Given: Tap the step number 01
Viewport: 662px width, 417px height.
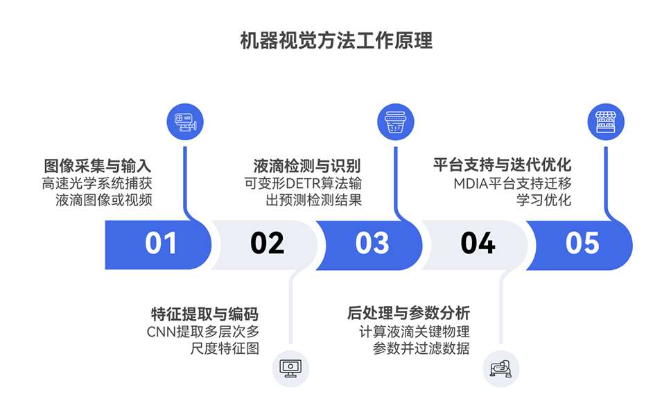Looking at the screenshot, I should tap(161, 244).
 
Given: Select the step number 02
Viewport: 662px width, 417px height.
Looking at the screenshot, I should tap(267, 244).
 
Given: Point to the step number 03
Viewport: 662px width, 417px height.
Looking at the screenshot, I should tap(372, 244).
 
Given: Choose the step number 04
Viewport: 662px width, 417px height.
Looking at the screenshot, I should tap(478, 244).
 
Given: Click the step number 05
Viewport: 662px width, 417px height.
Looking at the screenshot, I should tap(582, 244).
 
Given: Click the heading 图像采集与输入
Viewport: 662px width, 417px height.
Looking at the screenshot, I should tap(97, 167).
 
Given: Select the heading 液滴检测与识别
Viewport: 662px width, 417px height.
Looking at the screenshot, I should tap(307, 167).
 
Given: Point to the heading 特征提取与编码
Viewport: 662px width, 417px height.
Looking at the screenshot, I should tap(205, 314).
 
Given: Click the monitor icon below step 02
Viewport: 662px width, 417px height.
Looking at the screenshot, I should tap(290, 368).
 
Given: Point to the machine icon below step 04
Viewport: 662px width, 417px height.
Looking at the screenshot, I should tap(500, 368).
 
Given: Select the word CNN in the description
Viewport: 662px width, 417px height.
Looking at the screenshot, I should tap(162, 331).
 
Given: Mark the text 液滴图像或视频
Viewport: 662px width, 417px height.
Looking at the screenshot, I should tap(104, 201).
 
